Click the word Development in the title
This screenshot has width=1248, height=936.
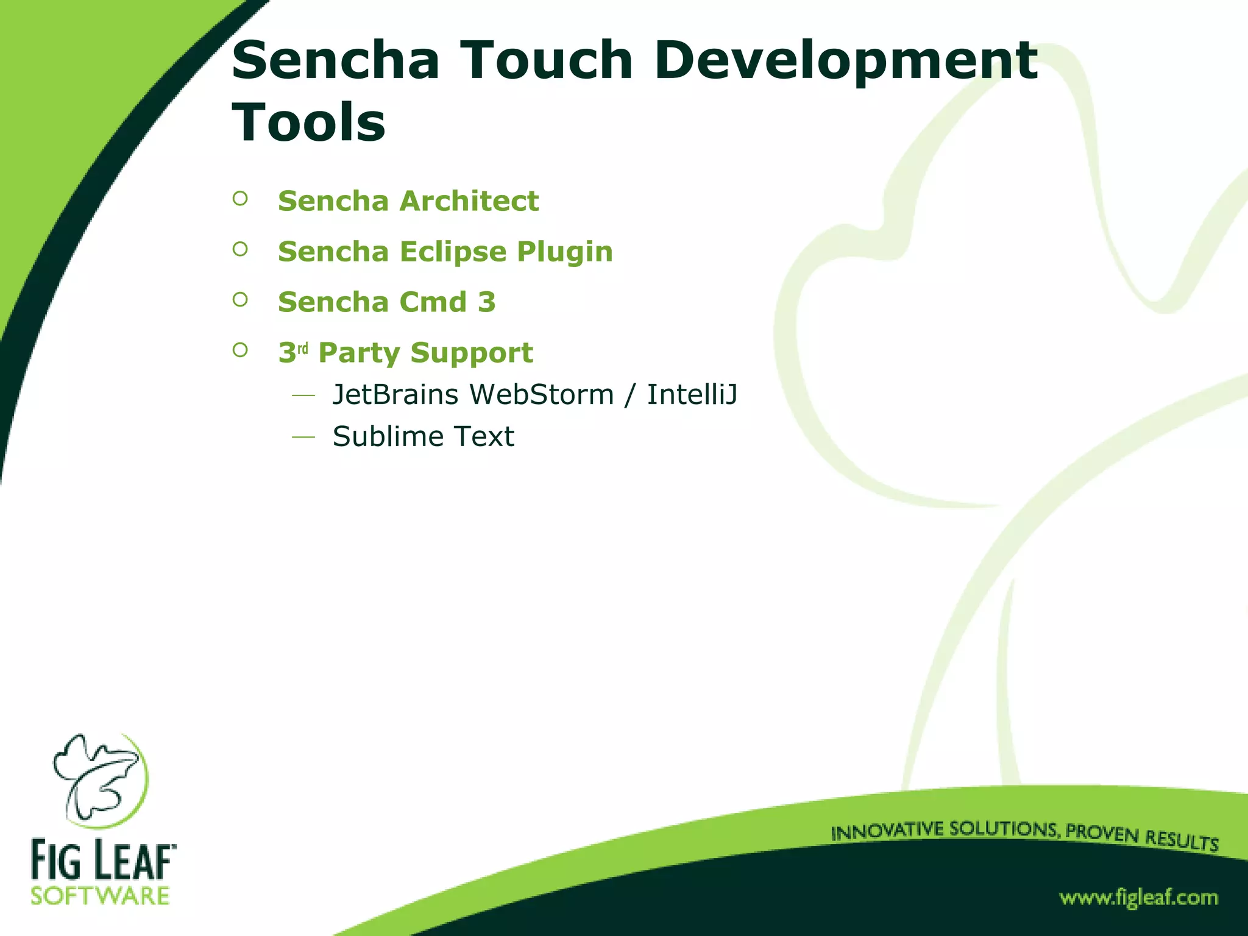[x=846, y=61]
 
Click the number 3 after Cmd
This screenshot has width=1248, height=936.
[x=487, y=302]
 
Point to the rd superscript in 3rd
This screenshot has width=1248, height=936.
[x=303, y=349]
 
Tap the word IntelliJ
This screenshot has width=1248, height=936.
[x=692, y=395]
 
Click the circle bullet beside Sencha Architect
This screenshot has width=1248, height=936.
[x=240, y=199]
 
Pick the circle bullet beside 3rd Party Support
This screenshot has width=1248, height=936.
[x=240, y=350]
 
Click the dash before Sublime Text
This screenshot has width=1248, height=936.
[x=303, y=436]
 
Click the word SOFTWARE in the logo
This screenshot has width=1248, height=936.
[x=101, y=896]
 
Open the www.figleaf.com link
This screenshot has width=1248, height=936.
[x=1138, y=898]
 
